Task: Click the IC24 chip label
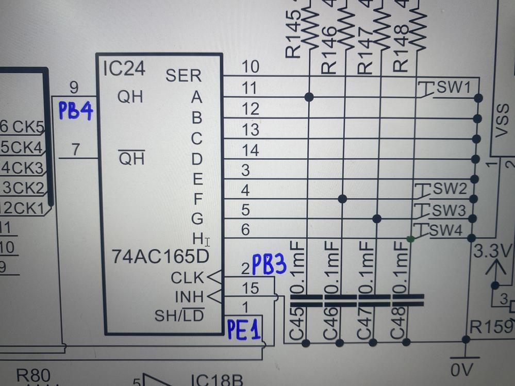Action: pos(124,69)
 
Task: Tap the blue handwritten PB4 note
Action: pos(75,111)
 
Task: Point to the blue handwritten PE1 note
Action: pos(244,329)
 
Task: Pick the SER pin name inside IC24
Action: pos(184,76)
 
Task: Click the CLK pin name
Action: pos(188,278)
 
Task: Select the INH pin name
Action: pos(189,297)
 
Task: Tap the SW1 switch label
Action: pos(454,88)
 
